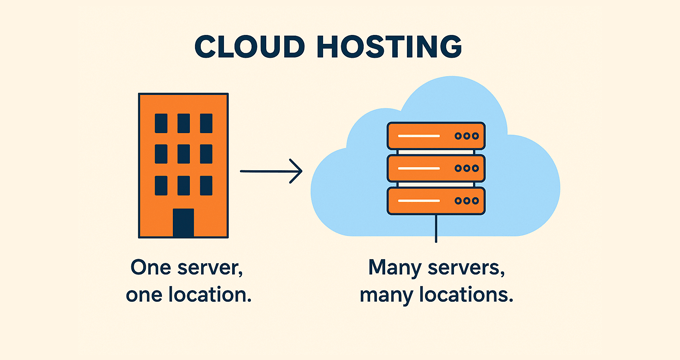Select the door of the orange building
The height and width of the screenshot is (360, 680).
click(x=183, y=222)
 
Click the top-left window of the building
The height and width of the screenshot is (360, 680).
click(x=160, y=123)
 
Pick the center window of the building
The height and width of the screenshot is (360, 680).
click(x=183, y=155)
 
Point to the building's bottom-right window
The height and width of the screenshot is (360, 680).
click(x=206, y=186)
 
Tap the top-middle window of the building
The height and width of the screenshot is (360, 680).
click(x=183, y=123)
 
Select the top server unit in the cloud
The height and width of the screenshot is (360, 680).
click(x=435, y=135)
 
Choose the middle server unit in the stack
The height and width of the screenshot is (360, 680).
click(x=435, y=167)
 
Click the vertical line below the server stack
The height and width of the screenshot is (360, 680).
click(x=436, y=229)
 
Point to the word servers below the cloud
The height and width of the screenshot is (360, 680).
click(x=469, y=269)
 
